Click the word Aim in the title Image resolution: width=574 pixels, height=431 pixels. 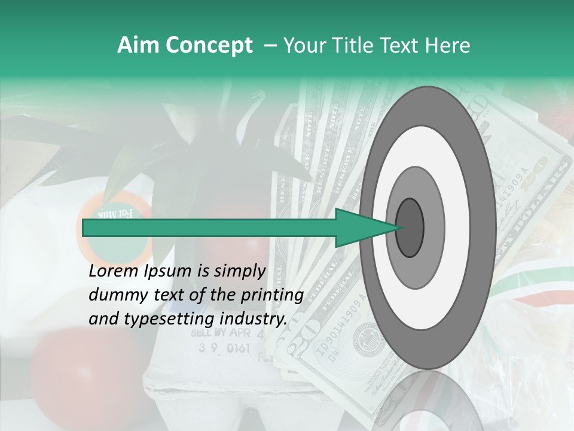[138, 45]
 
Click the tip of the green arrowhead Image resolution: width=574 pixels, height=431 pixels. [401, 227]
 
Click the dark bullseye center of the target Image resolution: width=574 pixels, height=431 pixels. [410, 227]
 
